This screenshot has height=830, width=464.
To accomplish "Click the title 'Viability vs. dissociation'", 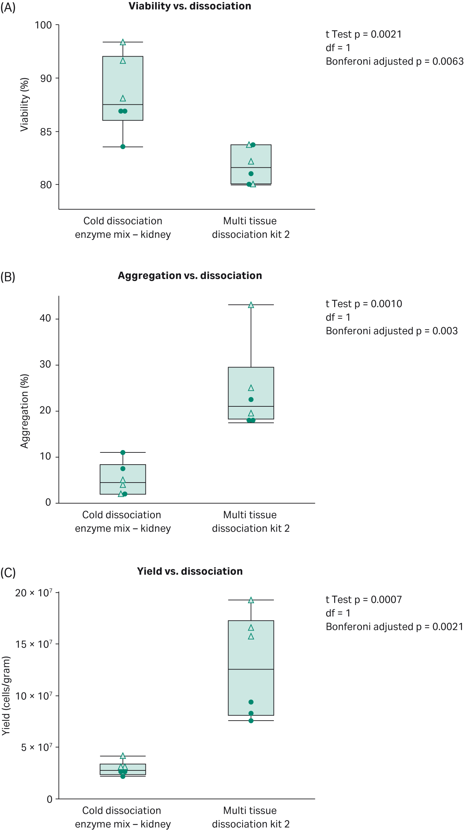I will coord(190,6).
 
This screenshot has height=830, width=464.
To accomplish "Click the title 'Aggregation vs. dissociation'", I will coord(190,276).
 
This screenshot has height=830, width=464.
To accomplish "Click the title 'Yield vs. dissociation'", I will coord(190,571).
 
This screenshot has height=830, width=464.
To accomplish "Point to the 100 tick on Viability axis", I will coord(43,25).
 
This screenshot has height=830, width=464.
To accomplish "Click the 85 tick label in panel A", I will coord(46,132).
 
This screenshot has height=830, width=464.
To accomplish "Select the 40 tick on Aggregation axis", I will coord(45,318).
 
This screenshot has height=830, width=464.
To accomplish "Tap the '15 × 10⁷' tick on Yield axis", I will coord(34,644).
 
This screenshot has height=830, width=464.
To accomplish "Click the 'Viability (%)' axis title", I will coord(24,105).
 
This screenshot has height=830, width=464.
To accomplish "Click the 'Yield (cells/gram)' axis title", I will coord(6,696).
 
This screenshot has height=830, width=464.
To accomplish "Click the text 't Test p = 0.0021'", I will coord(363,34).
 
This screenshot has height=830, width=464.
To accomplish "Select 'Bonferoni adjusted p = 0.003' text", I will coord(391,331).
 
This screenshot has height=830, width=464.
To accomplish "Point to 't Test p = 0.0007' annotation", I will coord(363,599).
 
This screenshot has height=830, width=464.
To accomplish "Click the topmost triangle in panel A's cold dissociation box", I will coord(123,42).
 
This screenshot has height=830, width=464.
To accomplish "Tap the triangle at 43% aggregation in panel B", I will coord(251,305).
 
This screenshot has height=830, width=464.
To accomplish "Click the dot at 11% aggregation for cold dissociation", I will coord(123,452).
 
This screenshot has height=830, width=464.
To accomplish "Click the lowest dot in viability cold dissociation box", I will coord(123,147).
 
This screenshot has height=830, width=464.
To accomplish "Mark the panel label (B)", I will coord(8,277).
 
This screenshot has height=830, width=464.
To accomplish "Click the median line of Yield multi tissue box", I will coord(251,669).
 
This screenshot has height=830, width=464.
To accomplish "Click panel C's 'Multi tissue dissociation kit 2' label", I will coord(250,817).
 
